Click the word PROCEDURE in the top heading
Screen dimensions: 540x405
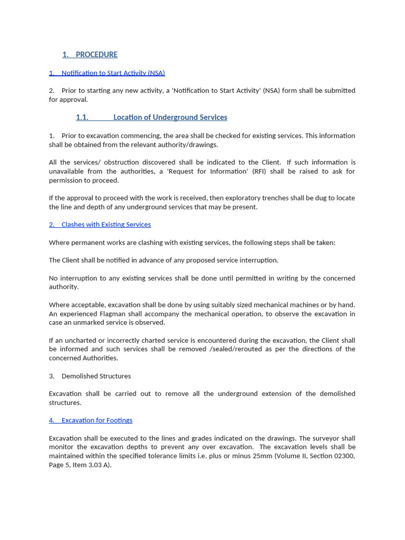(x=97, y=54)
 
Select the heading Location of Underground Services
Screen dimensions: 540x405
(x=170, y=117)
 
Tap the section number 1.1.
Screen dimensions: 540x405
(x=82, y=117)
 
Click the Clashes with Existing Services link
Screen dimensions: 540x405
(x=106, y=225)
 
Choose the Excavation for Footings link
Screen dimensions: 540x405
(x=97, y=420)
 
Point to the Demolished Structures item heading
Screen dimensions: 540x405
(x=96, y=376)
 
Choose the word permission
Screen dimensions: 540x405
(x=67, y=180)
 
